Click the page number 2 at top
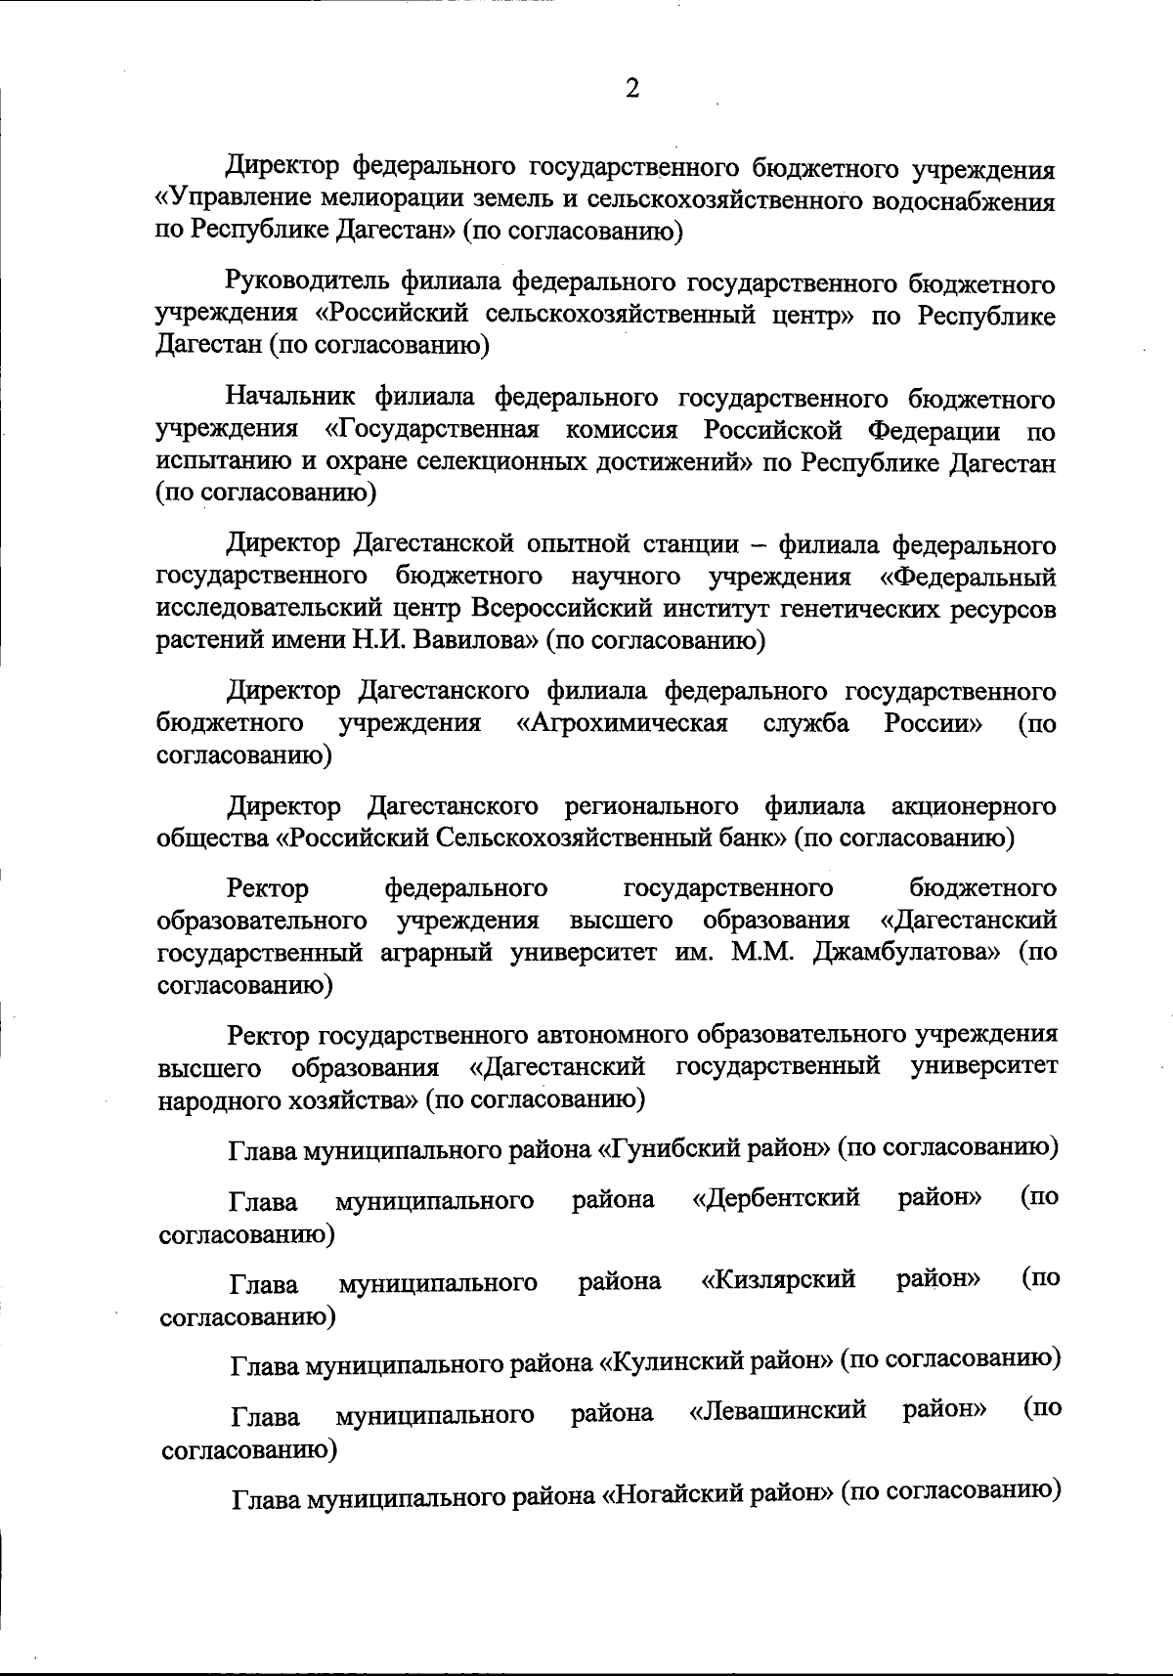coord(631,89)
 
